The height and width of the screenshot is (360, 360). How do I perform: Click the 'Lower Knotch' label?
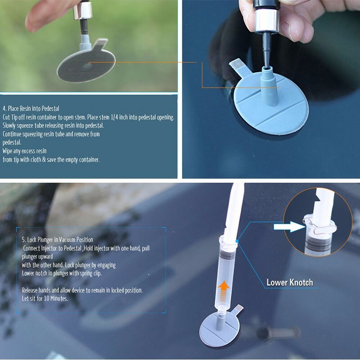point(289,283)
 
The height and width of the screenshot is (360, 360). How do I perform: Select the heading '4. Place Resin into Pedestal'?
point(31,108)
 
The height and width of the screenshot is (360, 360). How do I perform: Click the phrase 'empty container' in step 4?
point(84,159)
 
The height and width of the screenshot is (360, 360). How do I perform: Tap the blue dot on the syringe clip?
point(235,242)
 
